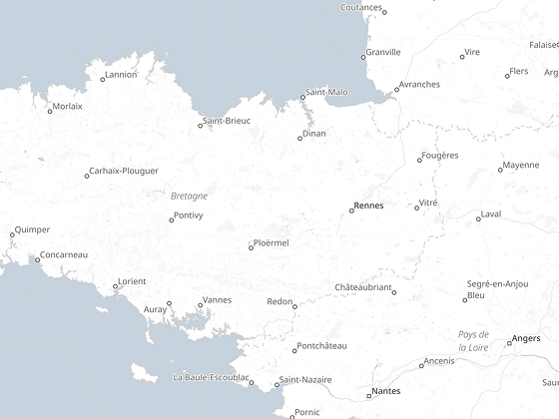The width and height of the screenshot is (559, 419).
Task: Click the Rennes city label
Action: tap(368, 206)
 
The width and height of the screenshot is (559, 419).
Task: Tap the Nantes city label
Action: tap(385, 391)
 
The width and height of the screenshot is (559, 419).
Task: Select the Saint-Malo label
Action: tap(326, 92)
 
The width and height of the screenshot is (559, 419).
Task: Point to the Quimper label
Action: tap(32, 229)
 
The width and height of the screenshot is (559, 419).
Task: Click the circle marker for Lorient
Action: tap(115, 286)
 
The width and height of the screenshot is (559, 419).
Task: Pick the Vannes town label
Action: tap(217, 300)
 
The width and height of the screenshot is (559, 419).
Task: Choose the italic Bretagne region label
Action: tap(189, 196)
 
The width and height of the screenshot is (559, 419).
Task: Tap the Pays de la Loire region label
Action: tap(473, 340)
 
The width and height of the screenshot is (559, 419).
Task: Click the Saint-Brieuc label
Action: tap(227, 121)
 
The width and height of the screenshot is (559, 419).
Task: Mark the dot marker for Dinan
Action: tap(299, 138)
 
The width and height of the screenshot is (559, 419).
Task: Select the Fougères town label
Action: tap(440, 155)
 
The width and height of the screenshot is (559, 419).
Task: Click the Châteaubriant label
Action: tap(362, 287)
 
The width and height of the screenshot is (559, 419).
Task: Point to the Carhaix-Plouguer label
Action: tap(124, 172)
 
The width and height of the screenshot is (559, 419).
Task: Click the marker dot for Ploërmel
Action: tap(251, 247)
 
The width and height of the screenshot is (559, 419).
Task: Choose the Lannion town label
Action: tap(121, 75)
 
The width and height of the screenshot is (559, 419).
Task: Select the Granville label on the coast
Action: tap(383, 52)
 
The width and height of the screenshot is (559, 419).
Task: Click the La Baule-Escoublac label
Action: tap(211, 378)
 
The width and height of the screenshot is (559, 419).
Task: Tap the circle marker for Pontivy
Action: tap(171, 219)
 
